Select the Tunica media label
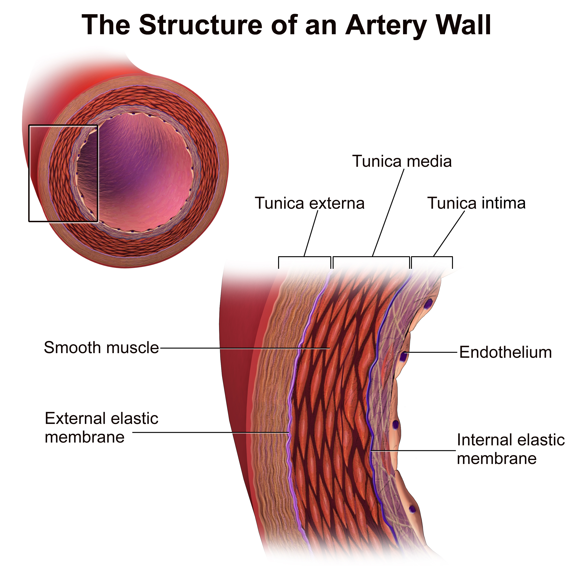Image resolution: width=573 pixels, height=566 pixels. (x=402, y=161)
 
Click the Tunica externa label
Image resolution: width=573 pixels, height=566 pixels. (x=310, y=203)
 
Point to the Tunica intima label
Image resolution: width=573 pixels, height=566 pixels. (x=476, y=203)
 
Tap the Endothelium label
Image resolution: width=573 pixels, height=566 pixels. (x=505, y=352)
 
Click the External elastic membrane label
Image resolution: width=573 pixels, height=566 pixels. (x=101, y=428)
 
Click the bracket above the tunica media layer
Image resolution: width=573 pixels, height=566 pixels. (x=371, y=262)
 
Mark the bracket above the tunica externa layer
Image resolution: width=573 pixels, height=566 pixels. (x=305, y=262)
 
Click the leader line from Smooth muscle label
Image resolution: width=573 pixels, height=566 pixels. (x=245, y=348)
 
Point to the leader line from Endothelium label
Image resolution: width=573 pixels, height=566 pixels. (x=432, y=352)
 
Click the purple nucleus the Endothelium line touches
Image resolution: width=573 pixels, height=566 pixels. (x=403, y=357)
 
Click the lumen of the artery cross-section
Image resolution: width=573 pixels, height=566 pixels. (x=139, y=172)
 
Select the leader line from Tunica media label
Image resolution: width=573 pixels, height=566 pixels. (x=388, y=212)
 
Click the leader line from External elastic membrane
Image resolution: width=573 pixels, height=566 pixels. (x=211, y=432)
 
